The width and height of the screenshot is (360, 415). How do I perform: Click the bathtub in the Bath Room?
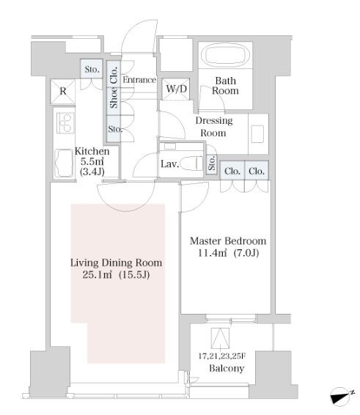click(225, 56)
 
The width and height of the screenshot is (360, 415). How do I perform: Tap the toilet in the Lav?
click(191, 164)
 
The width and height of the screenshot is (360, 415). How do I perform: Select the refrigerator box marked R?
click(63, 92)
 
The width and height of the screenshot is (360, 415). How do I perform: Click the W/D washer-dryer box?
click(176, 89)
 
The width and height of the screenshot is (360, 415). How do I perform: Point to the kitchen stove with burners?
click(65, 123)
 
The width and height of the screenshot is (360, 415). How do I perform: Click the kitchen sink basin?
click(64, 164)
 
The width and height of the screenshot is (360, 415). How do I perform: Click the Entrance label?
click(139, 80)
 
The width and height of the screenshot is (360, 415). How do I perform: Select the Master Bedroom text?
click(228, 241)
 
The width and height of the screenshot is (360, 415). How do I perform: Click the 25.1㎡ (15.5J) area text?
click(116, 275)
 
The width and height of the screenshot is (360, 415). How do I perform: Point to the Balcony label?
click(227, 368)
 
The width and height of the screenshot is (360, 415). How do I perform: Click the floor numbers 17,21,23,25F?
click(222, 356)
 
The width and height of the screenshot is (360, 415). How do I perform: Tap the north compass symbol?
click(341, 396)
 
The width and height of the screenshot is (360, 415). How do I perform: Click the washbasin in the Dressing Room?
click(258, 134)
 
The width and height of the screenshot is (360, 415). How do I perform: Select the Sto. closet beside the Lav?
click(211, 165)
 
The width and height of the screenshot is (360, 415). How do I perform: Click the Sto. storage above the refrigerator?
click(92, 69)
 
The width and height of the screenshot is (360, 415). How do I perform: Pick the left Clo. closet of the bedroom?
click(232, 171)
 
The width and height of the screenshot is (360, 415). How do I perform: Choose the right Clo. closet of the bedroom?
click(257, 171)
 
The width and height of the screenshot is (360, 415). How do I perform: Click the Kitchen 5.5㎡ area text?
click(92, 161)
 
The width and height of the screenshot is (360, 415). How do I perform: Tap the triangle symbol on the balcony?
click(220, 338)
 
